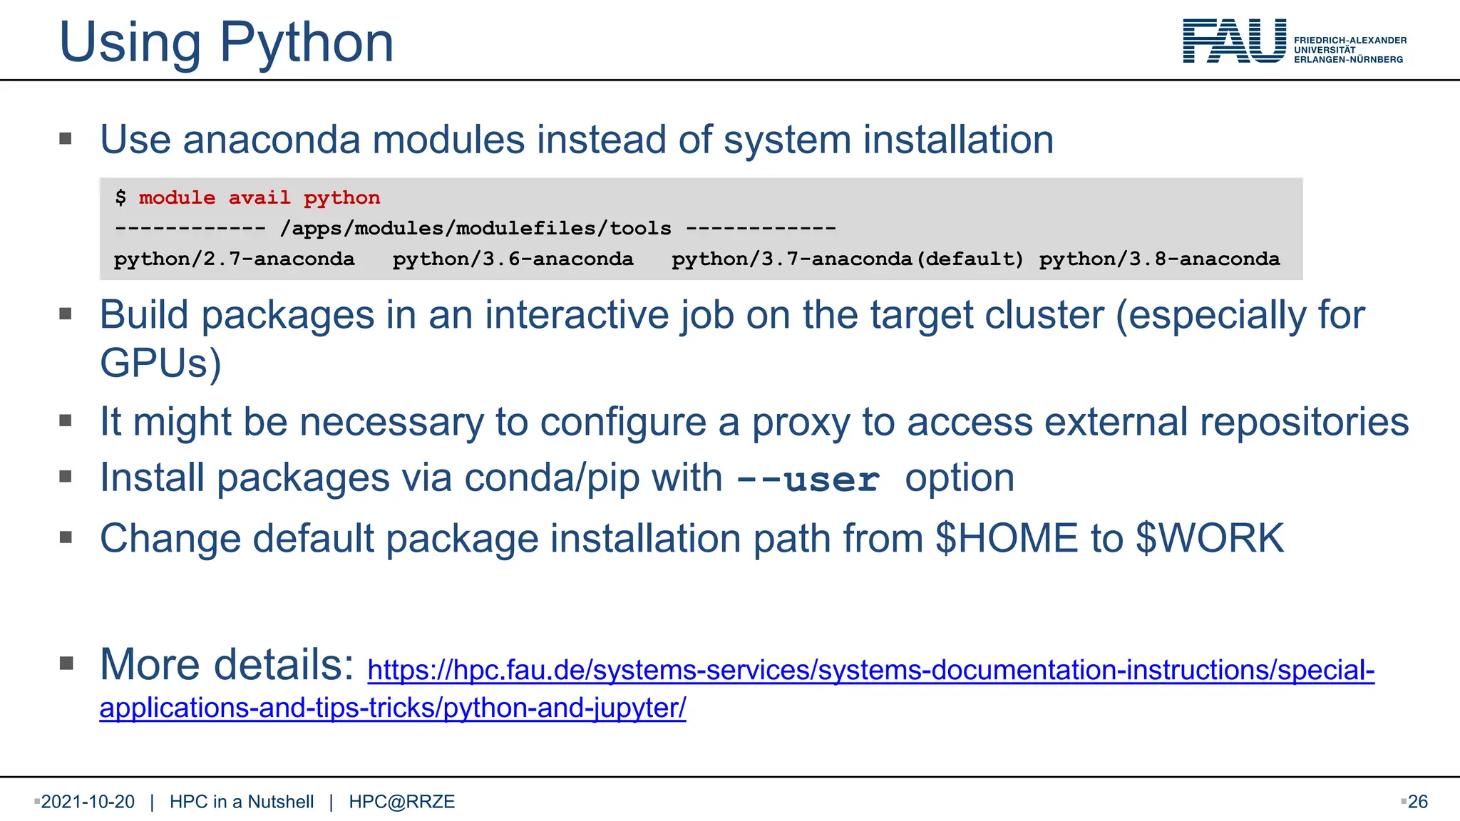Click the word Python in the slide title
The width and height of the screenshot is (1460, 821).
307,43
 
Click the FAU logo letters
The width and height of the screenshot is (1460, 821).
1234,41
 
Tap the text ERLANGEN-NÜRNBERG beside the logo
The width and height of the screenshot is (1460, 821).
1348,60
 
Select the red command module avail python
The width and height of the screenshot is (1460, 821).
259,197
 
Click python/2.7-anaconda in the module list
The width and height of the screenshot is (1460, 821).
234,259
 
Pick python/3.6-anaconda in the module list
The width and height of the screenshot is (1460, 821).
513,259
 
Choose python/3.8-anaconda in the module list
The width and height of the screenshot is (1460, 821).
1159,259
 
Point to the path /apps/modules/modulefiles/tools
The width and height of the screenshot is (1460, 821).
475,228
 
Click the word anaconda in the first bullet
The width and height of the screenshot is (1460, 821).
272,140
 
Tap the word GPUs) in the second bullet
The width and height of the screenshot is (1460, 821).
160,363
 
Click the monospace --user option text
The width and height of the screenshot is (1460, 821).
808,479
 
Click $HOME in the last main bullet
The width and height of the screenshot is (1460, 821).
1007,538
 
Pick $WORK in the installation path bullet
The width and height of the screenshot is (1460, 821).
1210,538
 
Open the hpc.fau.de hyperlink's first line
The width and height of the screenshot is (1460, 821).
870,671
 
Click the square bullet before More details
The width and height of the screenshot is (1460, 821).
66,664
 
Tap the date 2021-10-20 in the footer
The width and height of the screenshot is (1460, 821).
88,802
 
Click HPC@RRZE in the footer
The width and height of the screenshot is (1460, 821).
401,802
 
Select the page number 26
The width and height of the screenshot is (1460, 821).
1417,802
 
